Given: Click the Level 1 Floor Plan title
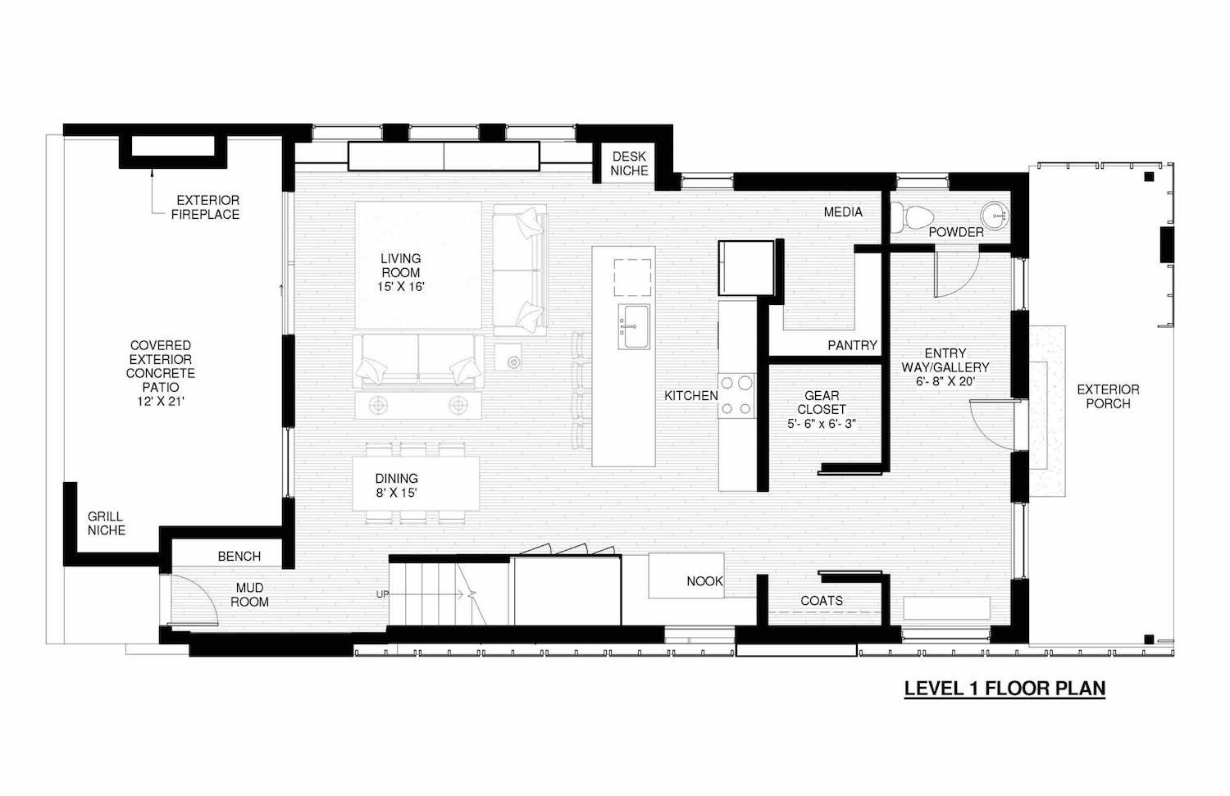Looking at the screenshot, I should (1004, 689).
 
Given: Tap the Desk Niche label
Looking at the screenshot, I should (629, 164).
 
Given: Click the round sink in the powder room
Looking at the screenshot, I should (996, 215).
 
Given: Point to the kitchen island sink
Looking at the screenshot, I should (633, 325).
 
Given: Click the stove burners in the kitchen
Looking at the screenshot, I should (736, 394).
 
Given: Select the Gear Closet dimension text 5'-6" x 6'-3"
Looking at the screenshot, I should (821, 424).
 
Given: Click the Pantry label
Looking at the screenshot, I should (852, 345).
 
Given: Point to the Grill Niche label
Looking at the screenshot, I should (107, 523).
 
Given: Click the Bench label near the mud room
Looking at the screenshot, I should (239, 557).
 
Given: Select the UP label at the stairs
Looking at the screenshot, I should (382, 594).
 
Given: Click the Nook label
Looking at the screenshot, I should (704, 581).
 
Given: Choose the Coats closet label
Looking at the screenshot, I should (821, 601).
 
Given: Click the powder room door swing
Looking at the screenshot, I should (955, 275).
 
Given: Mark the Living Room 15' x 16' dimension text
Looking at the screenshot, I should (400, 287).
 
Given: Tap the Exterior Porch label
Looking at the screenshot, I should (1108, 396).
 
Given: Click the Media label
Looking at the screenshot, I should (843, 212).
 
